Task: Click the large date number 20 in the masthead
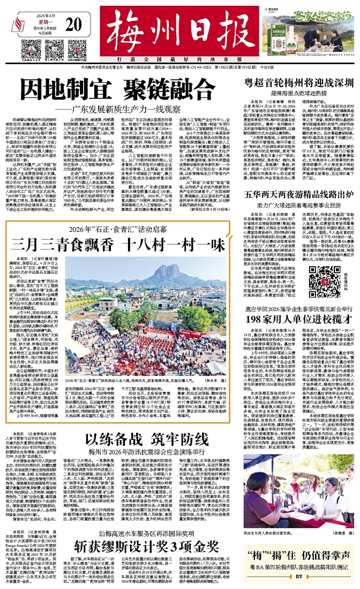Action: click(74, 25)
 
